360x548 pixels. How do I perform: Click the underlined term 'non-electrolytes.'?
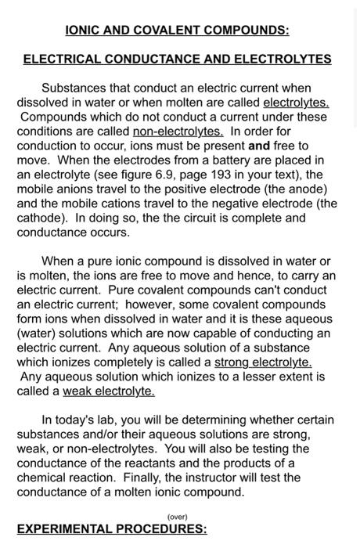pyautogui.click(x=178, y=131)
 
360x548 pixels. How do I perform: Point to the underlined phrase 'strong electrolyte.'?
pyautogui.click(x=263, y=362)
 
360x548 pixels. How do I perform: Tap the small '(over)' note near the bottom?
pyautogui.click(x=178, y=516)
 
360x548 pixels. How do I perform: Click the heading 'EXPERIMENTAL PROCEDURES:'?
pyautogui.click(x=112, y=529)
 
